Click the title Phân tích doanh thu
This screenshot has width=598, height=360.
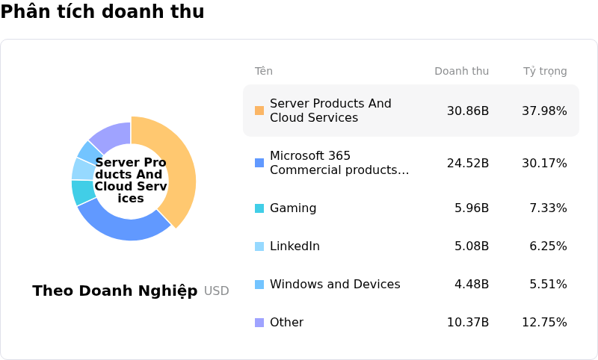pyautogui.click(x=102, y=12)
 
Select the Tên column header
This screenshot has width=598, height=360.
pyautogui.click(x=263, y=72)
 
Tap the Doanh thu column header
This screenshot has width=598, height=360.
pyautogui.click(x=461, y=72)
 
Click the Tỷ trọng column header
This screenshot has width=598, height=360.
pyautogui.click(x=545, y=72)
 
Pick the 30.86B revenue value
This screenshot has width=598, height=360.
pyautogui.click(x=468, y=111)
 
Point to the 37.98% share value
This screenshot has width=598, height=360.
pyautogui.click(x=544, y=111)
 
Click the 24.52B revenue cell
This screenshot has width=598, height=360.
pyautogui.click(x=468, y=163)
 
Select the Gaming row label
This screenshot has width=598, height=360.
pyautogui.click(x=293, y=208)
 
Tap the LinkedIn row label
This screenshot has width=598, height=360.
pyautogui.click(x=295, y=246)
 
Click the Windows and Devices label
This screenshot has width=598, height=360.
pyautogui.click(x=335, y=285)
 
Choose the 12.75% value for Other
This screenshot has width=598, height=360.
pyautogui.click(x=544, y=323)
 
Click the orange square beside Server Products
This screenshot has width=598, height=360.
pyautogui.click(x=259, y=111)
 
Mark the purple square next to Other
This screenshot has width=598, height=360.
pyautogui.click(x=259, y=323)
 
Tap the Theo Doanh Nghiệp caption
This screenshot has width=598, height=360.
pyautogui.click(x=115, y=291)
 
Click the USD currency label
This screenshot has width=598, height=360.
pyautogui.click(x=217, y=291)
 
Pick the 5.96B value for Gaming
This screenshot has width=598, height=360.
pyautogui.click(x=472, y=208)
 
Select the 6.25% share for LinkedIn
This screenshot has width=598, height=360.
pyautogui.click(x=548, y=246)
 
